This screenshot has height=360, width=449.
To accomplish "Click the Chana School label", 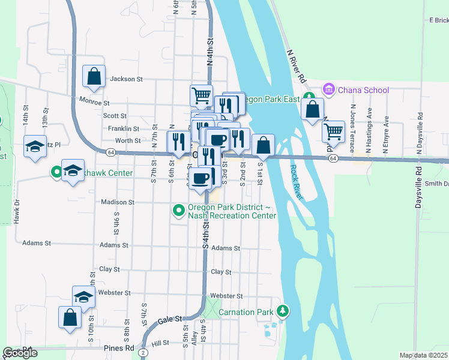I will point(363,90).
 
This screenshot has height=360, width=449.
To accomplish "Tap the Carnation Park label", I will point(246,312).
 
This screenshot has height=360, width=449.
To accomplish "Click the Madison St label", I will point(118,202).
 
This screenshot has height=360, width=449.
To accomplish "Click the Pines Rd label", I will point(121,348).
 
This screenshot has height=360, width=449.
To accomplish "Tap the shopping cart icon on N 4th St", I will point(201,95).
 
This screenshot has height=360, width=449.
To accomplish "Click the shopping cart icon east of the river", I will point(333,131).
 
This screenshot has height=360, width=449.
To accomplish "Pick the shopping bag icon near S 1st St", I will point(263,145).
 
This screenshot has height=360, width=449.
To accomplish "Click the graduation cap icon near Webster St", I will point(83,296).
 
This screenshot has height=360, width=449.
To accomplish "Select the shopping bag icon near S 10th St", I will point(70,317).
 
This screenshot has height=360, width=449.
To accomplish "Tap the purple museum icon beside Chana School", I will point(328,90).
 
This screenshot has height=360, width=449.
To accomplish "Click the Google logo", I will point(20,353).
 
